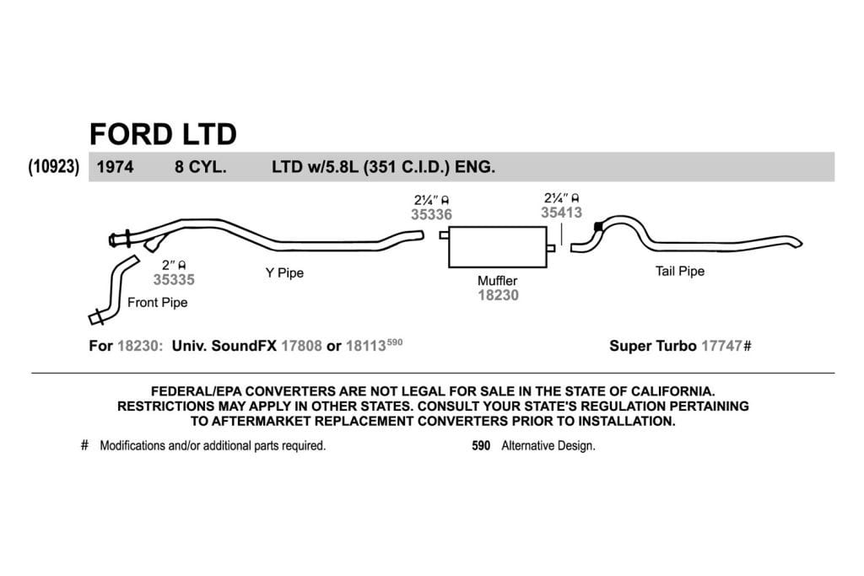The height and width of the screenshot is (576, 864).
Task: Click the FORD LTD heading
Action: [163, 134]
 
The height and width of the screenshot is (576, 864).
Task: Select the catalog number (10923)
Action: [54, 166]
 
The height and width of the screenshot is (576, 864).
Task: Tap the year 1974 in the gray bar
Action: [115, 167]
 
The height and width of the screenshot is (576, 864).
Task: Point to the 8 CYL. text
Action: [201, 167]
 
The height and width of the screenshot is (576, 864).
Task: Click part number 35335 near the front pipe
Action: [174, 280]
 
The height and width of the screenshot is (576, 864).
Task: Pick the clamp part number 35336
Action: [431, 214]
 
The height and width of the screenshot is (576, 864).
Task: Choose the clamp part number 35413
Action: [561, 213]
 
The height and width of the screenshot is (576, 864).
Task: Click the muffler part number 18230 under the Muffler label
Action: [498, 295]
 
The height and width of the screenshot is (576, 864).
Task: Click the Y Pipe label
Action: [284, 272]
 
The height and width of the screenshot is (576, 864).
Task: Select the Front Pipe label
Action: [158, 302]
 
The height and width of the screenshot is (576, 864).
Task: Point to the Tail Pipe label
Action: [680, 271]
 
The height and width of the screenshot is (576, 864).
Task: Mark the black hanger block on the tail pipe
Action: [598, 226]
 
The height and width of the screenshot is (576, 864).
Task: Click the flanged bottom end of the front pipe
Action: [96, 317]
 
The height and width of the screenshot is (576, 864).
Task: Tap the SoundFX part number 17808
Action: [301, 346]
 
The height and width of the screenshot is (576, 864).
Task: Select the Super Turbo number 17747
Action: [722, 346]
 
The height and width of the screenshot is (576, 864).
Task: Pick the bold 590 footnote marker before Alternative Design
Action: [481, 445]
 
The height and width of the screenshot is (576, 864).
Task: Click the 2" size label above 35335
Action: [168, 266]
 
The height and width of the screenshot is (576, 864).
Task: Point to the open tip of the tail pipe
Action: [799, 242]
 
